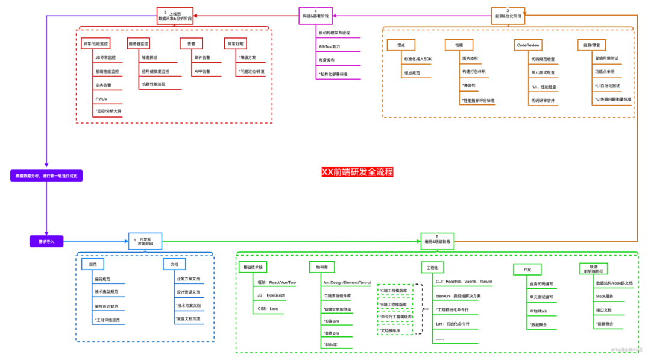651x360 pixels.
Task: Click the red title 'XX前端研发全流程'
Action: point(357,172)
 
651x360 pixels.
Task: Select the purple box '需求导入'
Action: point(46,241)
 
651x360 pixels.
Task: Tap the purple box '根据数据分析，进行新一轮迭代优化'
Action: point(46,176)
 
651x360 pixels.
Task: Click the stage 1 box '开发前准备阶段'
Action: point(145,241)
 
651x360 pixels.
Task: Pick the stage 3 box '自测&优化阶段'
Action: point(508,13)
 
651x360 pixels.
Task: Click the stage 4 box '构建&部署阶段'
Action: point(315,15)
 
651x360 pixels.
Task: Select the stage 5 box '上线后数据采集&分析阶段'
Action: point(175,15)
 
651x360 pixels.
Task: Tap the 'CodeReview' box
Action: point(528,45)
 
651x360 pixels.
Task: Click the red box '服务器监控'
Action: point(139,44)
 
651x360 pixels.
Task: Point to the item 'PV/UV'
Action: point(101,98)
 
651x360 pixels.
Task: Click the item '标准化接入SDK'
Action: point(418,58)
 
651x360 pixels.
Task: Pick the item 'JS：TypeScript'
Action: point(271,295)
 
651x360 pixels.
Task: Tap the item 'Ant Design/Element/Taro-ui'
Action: point(347,282)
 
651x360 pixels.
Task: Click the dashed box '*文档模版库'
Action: point(395,330)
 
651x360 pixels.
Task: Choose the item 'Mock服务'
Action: point(605,296)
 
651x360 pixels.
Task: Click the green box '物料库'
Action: point(321,267)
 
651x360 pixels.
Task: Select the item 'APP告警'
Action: point(202,72)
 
